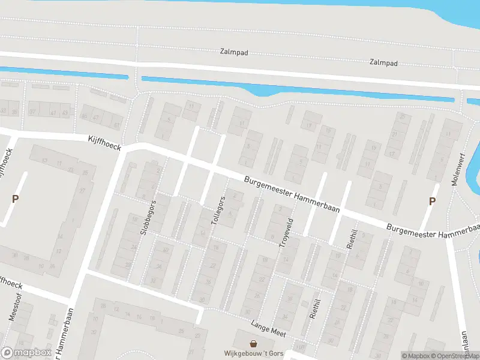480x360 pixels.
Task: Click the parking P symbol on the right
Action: pos(431,202)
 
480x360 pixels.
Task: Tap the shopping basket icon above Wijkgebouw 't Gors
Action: pos(254,344)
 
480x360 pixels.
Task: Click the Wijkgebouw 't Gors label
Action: pos(253,353)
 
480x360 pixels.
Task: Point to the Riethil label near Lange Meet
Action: pos(313,308)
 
